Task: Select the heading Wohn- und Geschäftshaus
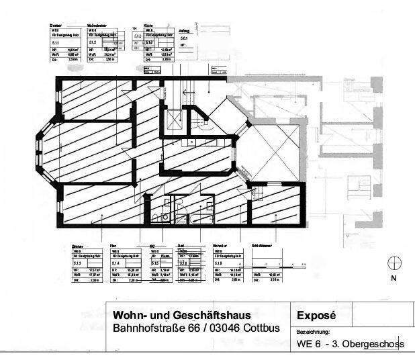tap(181, 316)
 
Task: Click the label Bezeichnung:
tap(312, 332)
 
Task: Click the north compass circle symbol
tap(394, 263)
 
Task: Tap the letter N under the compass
tap(394, 277)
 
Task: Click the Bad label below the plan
tap(181, 246)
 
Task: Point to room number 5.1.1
tap(55, 42)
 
